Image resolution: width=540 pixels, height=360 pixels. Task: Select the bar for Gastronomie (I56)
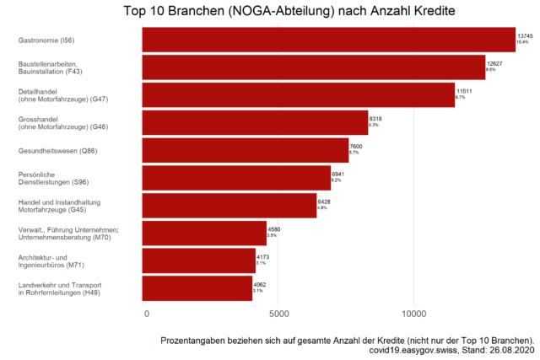click(328, 40)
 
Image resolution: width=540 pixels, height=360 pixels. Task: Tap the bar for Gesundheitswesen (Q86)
click(245, 151)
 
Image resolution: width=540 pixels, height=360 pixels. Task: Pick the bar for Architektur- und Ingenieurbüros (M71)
click(198, 261)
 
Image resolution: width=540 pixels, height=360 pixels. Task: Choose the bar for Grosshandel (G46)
click(255, 122)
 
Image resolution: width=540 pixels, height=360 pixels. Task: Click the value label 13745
click(526, 35)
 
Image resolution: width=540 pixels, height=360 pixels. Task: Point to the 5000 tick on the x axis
click(279, 314)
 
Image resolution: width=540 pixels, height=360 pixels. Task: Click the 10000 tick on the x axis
click(413, 314)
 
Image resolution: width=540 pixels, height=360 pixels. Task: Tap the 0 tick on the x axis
click(147, 314)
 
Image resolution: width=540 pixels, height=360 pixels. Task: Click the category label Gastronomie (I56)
click(46, 40)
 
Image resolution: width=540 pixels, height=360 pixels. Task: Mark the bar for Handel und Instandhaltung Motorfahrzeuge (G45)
click(229, 206)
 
